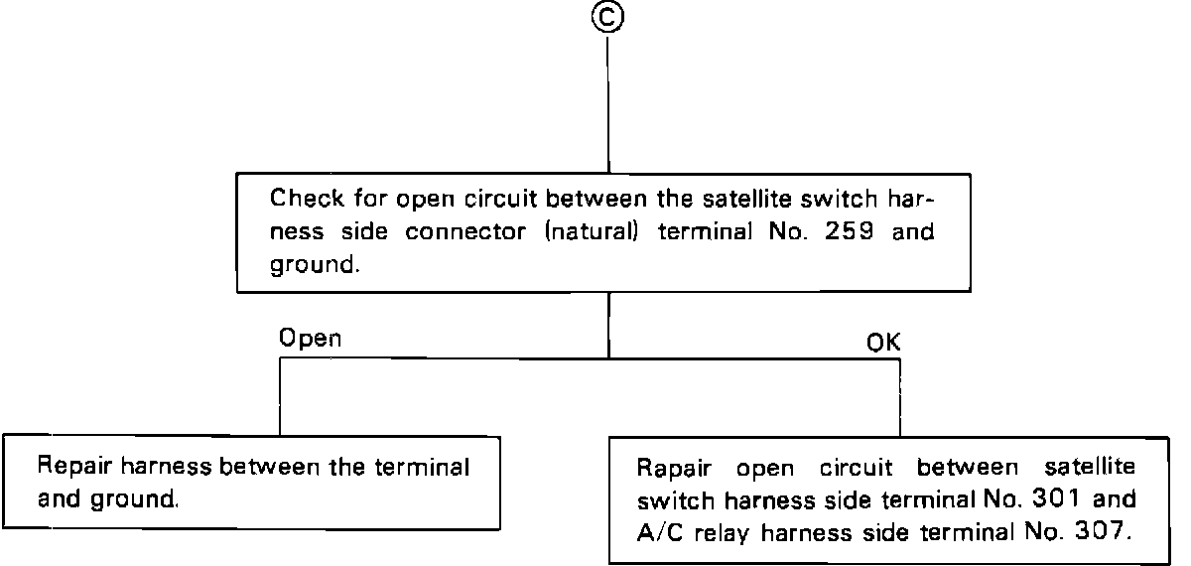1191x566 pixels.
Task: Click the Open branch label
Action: [310, 338]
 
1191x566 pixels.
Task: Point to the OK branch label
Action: [883, 343]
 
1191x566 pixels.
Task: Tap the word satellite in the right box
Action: [1091, 466]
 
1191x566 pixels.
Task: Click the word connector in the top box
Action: [461, 231]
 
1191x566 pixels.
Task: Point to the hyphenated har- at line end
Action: [914, 197]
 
